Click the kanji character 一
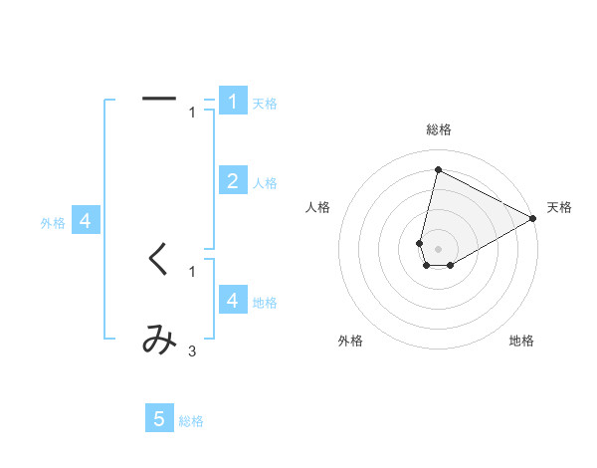click(159, 99)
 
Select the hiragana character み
click(159, 341)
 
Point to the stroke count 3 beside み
click(192, 351)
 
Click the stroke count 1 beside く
click(192, 270)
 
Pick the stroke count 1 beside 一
click(192, 113)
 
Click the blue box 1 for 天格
click(232, 101)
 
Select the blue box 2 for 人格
click(232, 180)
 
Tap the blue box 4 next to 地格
click(232, 300)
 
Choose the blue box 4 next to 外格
click(87, 221)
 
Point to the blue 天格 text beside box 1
click(265, 104)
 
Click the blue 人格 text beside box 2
click(265, 183)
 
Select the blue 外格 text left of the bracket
click(53, 224)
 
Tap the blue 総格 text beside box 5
click(191, 421)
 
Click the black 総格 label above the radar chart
click(438, 129)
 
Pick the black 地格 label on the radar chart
click(521, 342)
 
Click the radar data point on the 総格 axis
click(438, 169)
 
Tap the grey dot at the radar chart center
click(438, 248)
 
